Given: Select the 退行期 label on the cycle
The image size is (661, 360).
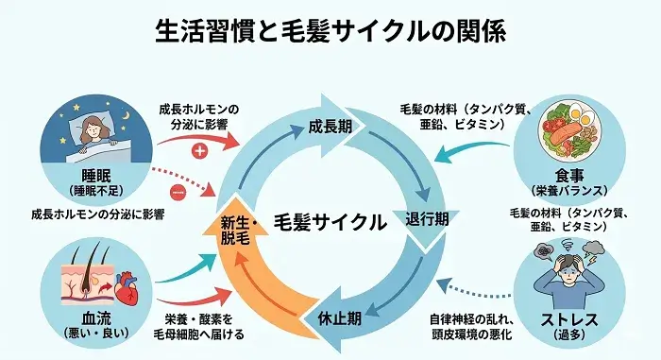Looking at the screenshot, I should [426, 217].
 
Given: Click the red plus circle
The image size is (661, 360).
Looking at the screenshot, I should [199, 150].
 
